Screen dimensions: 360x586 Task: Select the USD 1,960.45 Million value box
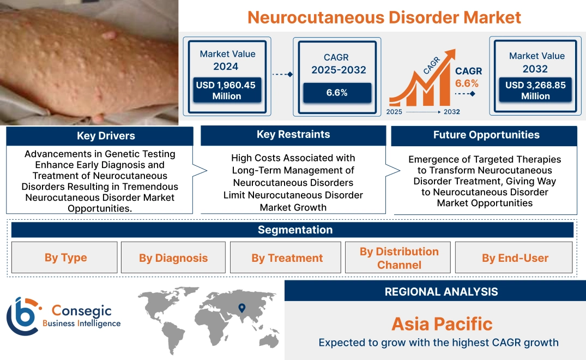(226, 90)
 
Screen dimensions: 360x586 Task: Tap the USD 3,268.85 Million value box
(535, 90)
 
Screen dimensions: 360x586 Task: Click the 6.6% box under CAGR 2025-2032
(337, 93)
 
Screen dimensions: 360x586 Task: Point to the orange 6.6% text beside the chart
(467, 83)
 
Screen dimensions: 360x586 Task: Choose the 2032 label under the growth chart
(451, 112)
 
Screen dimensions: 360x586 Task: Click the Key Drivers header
(99, 136)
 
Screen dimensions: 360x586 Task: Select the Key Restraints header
(293, 135)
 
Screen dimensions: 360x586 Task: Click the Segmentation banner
(295, 230)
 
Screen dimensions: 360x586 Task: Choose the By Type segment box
(65, 257)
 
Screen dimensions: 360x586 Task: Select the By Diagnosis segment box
(173, 258)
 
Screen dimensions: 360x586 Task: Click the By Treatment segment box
(287, 258)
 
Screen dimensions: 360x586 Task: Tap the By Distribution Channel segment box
(399, 258)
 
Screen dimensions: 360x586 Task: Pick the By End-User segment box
(515, 258)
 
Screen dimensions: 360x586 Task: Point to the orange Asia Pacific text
(442, 324)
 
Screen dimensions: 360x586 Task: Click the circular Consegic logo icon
(22, 316)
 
